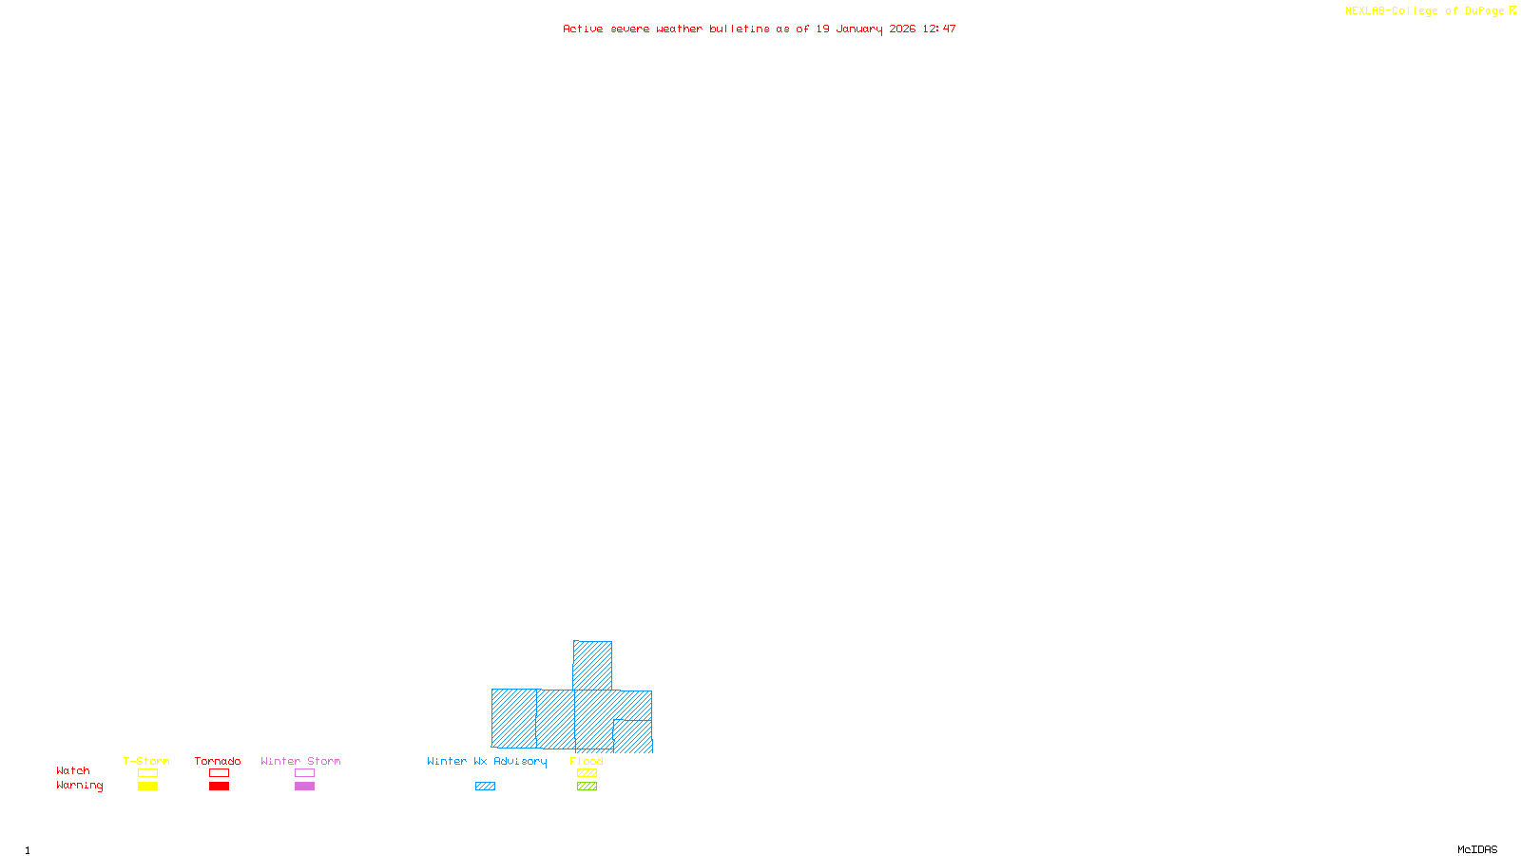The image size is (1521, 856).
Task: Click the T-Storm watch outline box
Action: (147, 773)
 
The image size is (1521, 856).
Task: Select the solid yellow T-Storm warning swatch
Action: (147, 787)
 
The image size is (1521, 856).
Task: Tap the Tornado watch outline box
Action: (219, 773)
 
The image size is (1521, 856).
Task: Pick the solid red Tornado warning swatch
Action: (219, 787)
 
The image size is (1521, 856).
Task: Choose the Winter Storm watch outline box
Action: (304, 773)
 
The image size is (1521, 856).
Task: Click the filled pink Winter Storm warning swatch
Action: (304, 787)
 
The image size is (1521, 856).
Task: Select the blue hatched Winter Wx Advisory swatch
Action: (485, 787)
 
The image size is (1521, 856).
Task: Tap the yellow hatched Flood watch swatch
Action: (587, 773)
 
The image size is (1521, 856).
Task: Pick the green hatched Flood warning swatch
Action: (587, 787)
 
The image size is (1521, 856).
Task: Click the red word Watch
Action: (73, 771)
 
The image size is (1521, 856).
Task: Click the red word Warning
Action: (79, 786)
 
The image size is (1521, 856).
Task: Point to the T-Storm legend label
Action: (146, 761)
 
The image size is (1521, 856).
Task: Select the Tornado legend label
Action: (218, 761)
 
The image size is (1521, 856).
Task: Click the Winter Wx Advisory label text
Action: (487, 761)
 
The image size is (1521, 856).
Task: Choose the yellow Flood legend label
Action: (587, 761)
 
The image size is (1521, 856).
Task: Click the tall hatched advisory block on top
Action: (592, 665)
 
